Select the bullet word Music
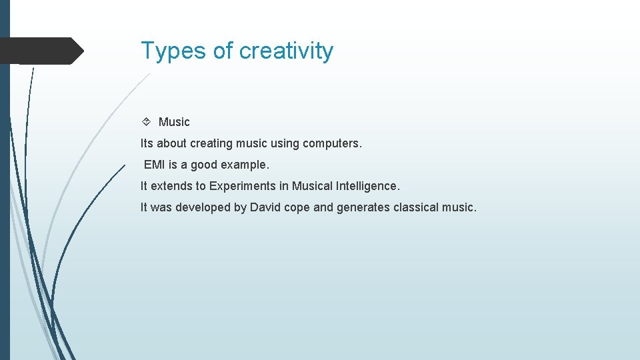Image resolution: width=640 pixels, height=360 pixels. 174,122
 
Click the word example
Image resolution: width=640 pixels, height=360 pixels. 245,165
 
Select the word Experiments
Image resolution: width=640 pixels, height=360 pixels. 242,186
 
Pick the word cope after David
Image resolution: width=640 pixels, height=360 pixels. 297,207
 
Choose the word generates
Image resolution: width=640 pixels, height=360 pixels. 363,207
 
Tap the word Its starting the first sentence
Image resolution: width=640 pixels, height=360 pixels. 147,143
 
